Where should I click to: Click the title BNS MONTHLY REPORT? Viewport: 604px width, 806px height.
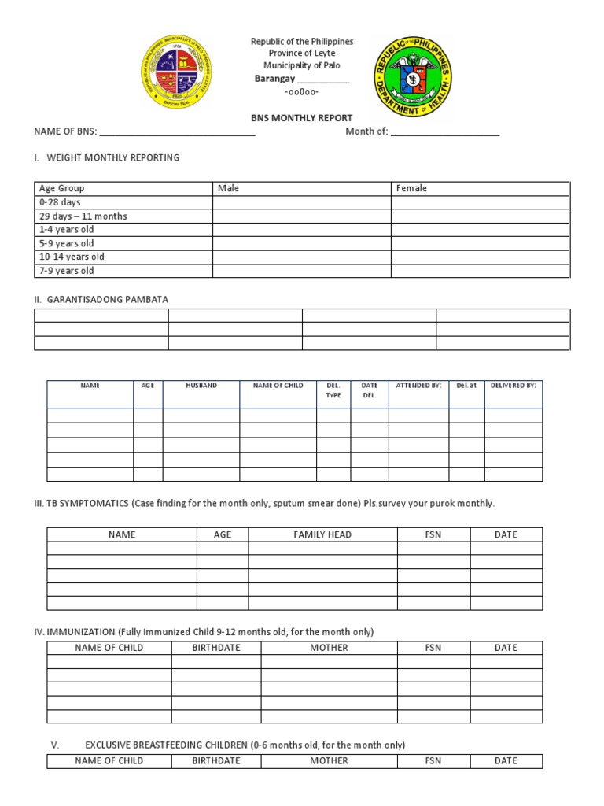point(301,118)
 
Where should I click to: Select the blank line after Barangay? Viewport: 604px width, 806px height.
point(323,80)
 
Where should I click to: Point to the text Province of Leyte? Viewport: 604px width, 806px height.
point(302,54)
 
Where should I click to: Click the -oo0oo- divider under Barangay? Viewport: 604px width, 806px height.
point(301,92)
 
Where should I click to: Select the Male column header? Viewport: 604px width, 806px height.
point(229,189)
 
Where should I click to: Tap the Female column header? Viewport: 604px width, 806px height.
point(411,189)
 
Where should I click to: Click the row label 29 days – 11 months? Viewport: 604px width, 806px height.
point(83,216)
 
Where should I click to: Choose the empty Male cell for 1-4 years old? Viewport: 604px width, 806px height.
point(302,230)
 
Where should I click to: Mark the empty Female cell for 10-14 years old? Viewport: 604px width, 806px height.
point(481,257)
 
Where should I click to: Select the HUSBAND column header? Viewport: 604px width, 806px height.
point(201,386)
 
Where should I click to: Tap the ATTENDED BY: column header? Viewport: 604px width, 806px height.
point(418,386)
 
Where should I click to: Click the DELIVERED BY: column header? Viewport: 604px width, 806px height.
point(514,386)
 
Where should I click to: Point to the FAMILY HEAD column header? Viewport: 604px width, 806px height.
point(322,534)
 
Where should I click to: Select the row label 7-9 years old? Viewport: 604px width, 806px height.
point(67,271)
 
